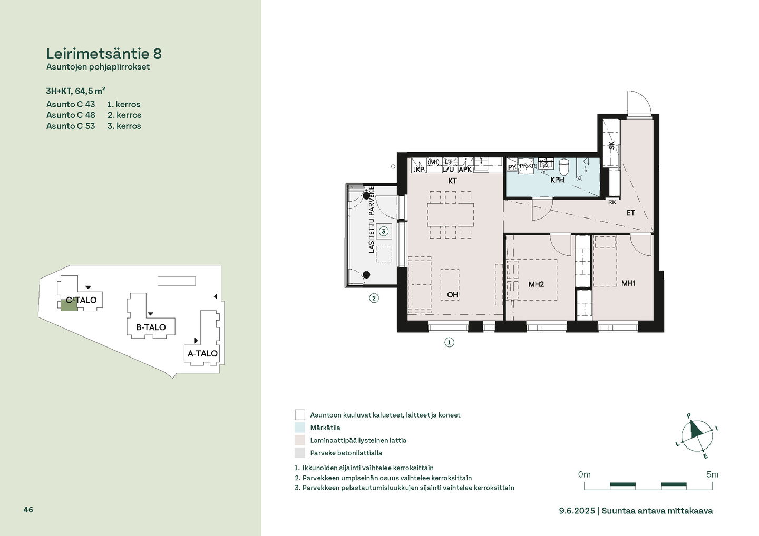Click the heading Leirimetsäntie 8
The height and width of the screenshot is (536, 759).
tap(104, 54)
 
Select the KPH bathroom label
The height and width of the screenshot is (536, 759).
tap(557, 180)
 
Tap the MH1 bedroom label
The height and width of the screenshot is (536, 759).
tap(628, 283)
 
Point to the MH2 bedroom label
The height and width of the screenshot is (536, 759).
tap(536, 284)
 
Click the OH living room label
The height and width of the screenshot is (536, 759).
tap(452, 295)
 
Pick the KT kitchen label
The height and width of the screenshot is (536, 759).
tap(452, 181)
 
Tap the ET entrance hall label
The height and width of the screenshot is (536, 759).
tap(630, 213)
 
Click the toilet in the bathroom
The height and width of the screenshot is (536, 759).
tap(564, 166)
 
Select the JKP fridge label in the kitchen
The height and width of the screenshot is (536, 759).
tap(419, 169)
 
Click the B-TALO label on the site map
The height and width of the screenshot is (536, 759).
tap(151, 327)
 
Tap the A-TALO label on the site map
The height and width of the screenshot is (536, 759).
tap(202, 353)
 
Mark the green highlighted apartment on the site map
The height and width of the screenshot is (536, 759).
tap(69, 305)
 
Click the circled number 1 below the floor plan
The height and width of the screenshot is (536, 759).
tap(449, 342)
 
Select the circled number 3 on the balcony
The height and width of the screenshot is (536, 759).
tap(383, 232)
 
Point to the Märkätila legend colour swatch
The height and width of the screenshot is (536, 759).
tap(300, 428)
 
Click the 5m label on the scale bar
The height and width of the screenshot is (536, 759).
tap(712, 474)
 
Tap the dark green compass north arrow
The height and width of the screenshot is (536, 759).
tap(696, 429)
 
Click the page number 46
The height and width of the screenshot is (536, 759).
tap(28, 510)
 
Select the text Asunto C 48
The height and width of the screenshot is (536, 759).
tap(71, 115)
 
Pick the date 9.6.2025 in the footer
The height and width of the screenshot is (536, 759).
tap(577, 511)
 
